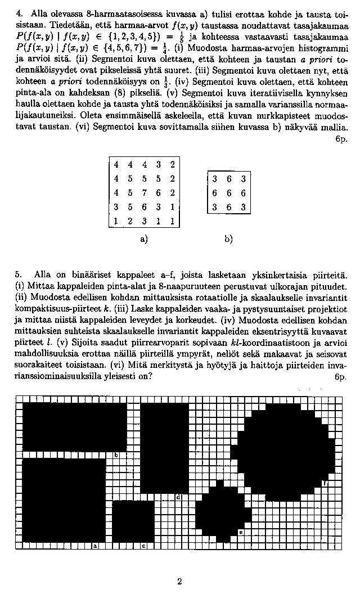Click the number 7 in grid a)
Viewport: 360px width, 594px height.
coord(143,193)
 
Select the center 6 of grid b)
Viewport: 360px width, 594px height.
coord(228,193)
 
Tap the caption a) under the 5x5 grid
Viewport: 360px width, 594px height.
coord(143,239)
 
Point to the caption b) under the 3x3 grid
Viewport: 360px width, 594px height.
coord(228,239)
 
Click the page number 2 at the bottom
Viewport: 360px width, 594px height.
coord(179,582)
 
